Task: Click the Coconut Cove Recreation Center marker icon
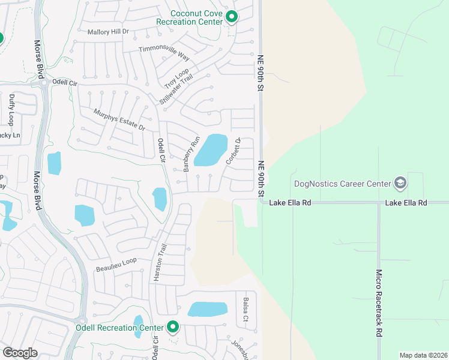coord(232,17)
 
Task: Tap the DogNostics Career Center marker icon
coord(399,183)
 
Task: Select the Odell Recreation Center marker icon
coord(173,327)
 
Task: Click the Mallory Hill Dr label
coord(109,32)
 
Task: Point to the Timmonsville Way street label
coord(164,53)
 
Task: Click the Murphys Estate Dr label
coord(119,119)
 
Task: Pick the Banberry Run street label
coord(191,155)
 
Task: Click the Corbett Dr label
coord(233,151)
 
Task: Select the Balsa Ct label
coord(246,310)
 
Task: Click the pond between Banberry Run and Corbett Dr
coord(211,150)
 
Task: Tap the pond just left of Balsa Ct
coord(208,309)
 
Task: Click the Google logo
coord(20,352)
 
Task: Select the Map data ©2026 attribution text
coord(423,355)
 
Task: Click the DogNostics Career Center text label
coord(342,184)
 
